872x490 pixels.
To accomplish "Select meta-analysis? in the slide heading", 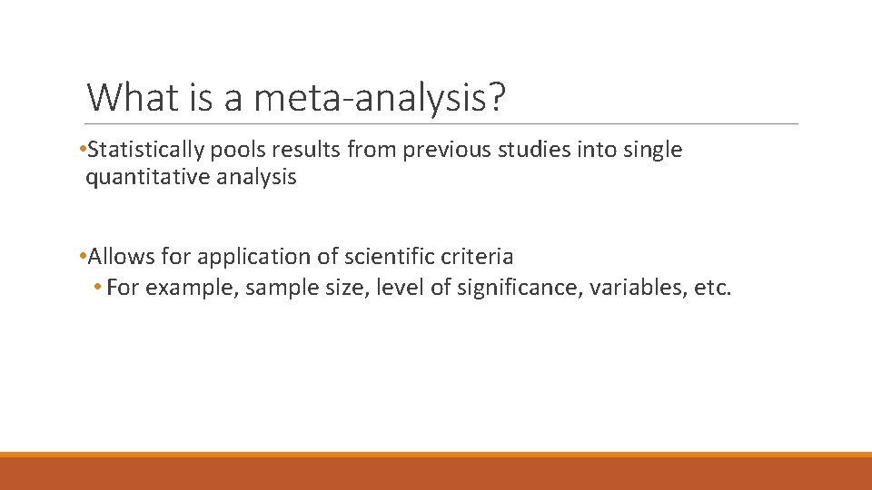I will pyautogui.click(x=380, y=98).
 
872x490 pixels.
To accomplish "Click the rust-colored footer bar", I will pyautogui.click(x=436, y=474).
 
